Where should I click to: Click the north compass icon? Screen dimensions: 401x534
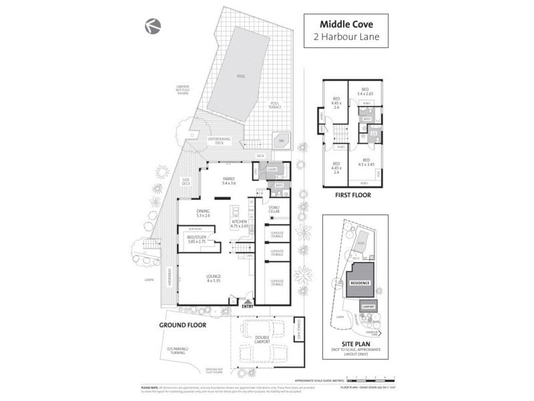(x=152, y=26)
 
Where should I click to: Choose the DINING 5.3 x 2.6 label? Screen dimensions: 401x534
(x=203, y=213)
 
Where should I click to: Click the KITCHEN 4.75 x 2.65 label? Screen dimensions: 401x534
(x=239, y=224)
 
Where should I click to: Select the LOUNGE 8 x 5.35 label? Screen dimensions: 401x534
(x=214, y=278)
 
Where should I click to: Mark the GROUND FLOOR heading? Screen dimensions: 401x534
(x=182, y=325)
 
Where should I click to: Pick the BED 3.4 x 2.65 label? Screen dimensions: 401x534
(x=364, y=92)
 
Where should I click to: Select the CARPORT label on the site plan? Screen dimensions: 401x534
(x=368, y=307)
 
